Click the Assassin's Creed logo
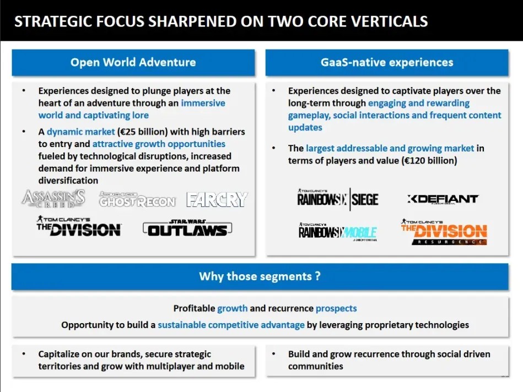click(53, 199)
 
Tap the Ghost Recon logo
click(137, 199)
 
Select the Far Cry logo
click(217, 199)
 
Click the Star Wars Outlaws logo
click(187, 228)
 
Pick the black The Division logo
click(79, 226)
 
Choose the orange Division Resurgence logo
click(444, 232)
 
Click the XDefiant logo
click(443, 199)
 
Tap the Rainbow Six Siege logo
click(337, 199)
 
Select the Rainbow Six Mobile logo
click(337, 232)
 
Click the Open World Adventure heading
click(133, 62)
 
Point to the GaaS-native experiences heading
click(387, 62)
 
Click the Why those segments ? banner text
click(260, 276)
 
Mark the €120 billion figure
click(429, 161)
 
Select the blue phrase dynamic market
click(80, 132)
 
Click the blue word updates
click(305, 128)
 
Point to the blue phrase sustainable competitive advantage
click(231, 325)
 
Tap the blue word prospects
click(336, 309)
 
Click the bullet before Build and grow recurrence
click(274, 353)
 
